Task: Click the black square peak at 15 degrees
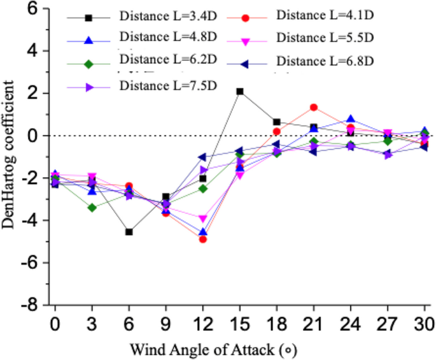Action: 240,92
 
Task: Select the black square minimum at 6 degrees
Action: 129,232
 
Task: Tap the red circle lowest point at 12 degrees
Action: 203,239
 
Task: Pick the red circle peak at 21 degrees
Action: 314,108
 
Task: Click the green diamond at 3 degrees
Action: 92,208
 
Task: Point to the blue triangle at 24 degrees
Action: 351,120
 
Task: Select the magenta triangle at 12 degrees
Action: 203,219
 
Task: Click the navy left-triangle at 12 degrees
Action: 202,157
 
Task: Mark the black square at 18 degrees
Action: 277,122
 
